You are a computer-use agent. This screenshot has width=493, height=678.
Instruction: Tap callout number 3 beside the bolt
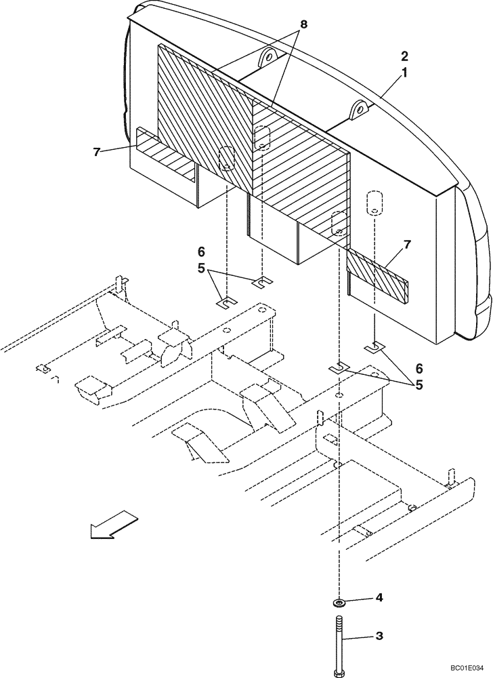pos(379,636)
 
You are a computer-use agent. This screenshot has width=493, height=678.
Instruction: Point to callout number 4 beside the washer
pos(379,598)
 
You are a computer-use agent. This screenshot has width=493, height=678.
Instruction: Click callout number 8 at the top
pos(303,24)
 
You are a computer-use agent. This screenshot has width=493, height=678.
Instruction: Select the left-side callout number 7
pos(98,151)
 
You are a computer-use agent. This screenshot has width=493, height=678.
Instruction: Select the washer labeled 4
pos(337,601)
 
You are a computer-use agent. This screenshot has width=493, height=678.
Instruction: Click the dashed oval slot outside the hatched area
pos(372,203)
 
